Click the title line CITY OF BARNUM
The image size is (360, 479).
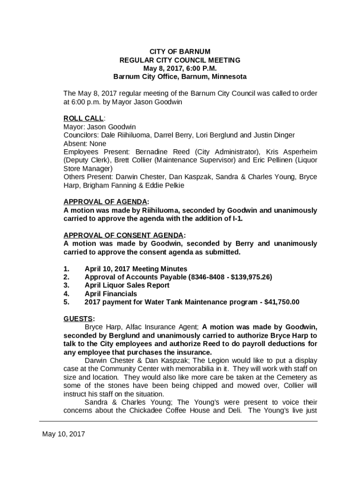(x=180, y=51)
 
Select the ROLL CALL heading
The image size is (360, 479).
(x=84, y=118)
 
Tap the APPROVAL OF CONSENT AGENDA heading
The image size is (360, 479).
(x=124, y=235)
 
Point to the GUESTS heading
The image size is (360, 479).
(x=78, y=319)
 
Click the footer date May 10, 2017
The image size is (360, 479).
(x=64, y=434)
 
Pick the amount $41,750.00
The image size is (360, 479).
(x=282, y=302)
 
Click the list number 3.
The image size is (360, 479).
(x=66, y=285)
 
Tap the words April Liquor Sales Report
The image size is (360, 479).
(x=127, y=285)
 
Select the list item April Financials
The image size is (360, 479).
(x=111, y=294)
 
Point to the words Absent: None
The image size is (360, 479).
(x=85, y=144)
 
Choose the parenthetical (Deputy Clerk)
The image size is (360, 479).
(x=86, y=160)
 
